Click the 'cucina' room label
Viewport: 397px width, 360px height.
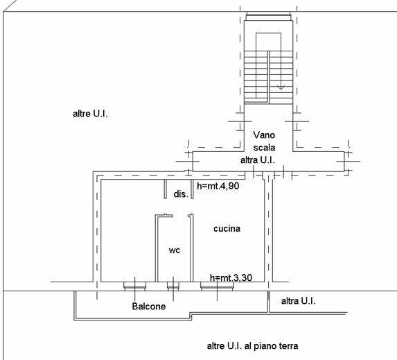coord(227,229)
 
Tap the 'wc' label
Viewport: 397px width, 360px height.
coord(175,250)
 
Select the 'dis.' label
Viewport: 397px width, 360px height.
coord(181,194)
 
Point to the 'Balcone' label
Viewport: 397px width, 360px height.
coord(149,307)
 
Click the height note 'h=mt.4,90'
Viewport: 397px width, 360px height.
coord(218,186)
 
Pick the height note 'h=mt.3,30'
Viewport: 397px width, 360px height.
coord(231,278)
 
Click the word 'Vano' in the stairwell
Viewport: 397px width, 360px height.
coord(264,135)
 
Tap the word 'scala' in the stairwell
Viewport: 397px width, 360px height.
coord(264,147)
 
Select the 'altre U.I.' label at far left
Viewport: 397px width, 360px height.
coord(90,114)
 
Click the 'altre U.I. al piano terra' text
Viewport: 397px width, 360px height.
coord(252,346)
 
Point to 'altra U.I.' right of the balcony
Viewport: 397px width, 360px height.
coord(298,301)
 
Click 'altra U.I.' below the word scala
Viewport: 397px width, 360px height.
coord(258,160)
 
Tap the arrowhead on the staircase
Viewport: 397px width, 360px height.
coord(281,87)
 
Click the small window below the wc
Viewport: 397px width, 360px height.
coord(173,286)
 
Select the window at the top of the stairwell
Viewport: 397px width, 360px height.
coord(268,16)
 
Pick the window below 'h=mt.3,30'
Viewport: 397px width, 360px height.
coord(217,286)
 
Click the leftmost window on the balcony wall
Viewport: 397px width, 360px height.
coord(134,286)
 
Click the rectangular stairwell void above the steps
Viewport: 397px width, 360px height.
coord(268,42)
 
